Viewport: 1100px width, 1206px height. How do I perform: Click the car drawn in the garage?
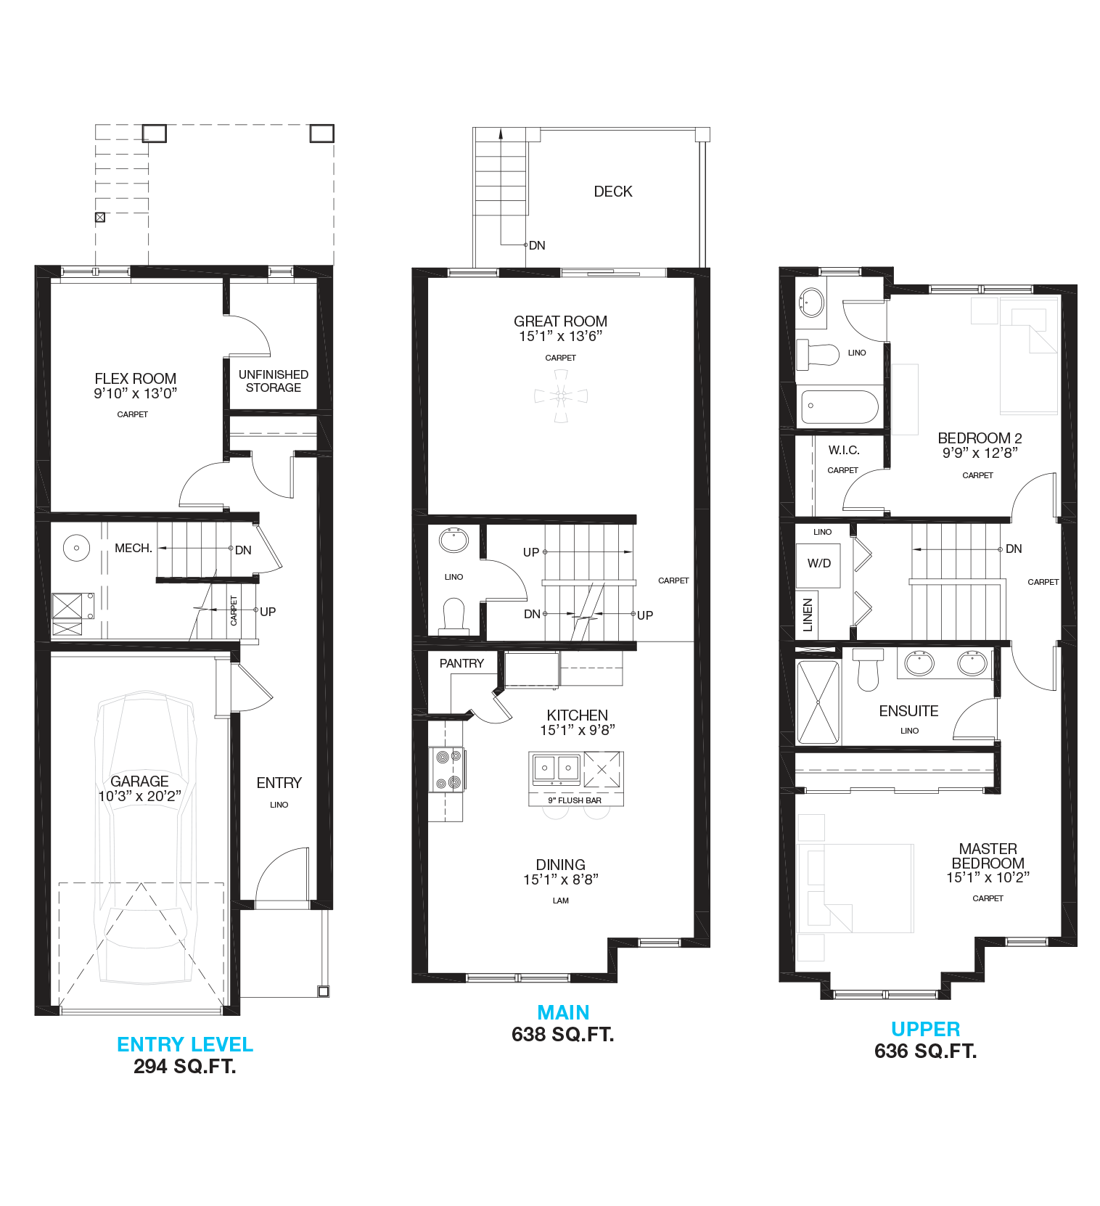(146, 834)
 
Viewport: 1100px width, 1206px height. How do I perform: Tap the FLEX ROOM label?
(135, 379)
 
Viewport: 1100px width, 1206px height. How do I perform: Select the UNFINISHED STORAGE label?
(274, 381)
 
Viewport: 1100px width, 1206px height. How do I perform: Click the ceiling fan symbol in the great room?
(561, 395)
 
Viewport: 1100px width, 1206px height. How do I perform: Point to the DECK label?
(613, 192)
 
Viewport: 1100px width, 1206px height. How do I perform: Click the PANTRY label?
(461, 663)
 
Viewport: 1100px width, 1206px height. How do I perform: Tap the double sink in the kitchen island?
(556, 768)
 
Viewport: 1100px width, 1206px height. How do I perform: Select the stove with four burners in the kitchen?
(447, 769)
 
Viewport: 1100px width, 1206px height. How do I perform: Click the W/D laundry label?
(819, 563)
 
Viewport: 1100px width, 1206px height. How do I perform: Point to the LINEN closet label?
(808, 614)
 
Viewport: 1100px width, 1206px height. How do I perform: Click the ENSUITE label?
(908, 711)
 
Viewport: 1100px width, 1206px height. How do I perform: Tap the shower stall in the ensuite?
(818, 702)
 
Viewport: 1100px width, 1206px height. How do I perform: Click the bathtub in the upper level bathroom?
(839, 407)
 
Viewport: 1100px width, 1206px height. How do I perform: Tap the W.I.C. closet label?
(843, 450)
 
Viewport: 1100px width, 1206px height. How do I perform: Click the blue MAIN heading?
(563, 1012)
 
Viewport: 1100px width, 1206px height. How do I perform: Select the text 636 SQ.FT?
(925, 1051)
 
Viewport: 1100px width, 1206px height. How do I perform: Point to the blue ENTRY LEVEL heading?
(185, 1044)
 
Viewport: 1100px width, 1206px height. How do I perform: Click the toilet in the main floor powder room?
(453, 615)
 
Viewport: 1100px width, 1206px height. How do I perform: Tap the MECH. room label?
(134, 548)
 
